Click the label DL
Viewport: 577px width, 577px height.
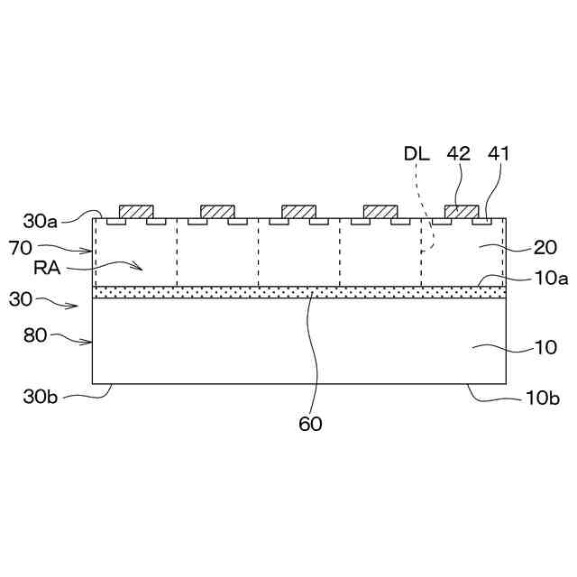[416, 154]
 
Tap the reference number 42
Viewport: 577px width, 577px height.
[459, 154]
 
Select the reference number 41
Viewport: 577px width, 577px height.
[499, 154]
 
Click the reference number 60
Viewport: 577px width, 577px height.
[310, 423]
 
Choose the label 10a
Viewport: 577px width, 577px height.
[551, 279]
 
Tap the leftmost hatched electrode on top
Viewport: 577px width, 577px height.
[136, 212]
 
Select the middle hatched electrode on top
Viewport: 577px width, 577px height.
[298, 212]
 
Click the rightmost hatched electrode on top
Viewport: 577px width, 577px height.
[462, 212]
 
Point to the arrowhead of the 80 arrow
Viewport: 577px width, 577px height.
[91, 342]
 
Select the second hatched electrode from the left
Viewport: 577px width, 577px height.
[217, 212]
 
